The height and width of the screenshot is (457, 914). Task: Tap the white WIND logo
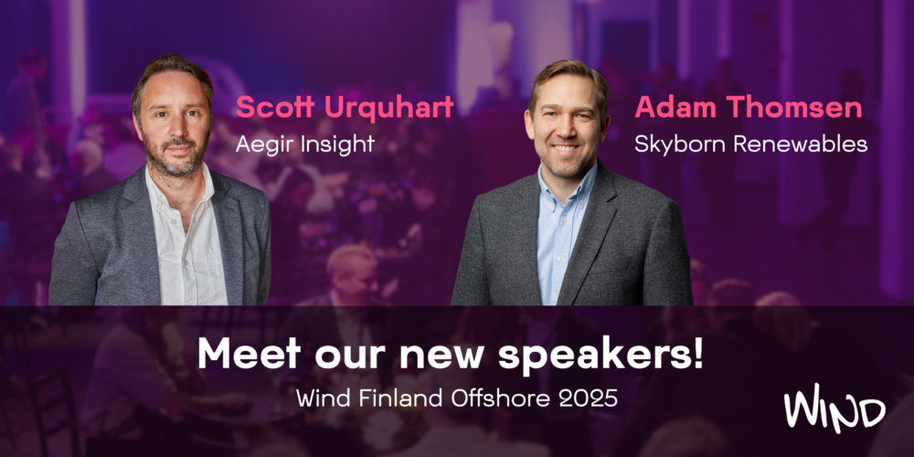(x=834, y=409)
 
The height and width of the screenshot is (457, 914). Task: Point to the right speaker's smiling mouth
(x=565, y=147)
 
